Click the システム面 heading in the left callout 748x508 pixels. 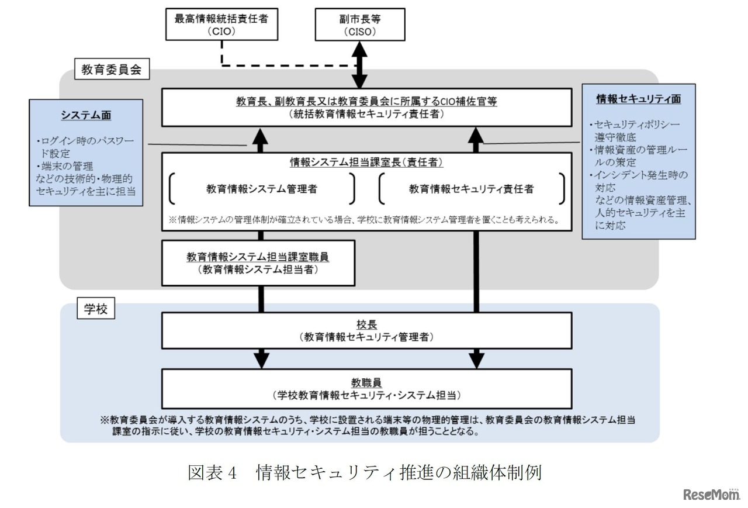click(86, 115)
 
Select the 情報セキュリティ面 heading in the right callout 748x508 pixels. click(638, 99)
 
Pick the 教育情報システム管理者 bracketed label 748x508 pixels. click(262, 188)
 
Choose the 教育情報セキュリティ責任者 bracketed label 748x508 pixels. click(471, 188)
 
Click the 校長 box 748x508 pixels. click(366, 330)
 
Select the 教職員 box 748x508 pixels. click(366, 389)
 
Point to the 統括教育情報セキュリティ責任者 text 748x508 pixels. click(366, 115)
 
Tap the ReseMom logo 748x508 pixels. click(711, 494)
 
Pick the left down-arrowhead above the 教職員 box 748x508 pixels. click(261, 358)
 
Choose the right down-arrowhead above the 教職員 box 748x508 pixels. click(476, 358)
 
